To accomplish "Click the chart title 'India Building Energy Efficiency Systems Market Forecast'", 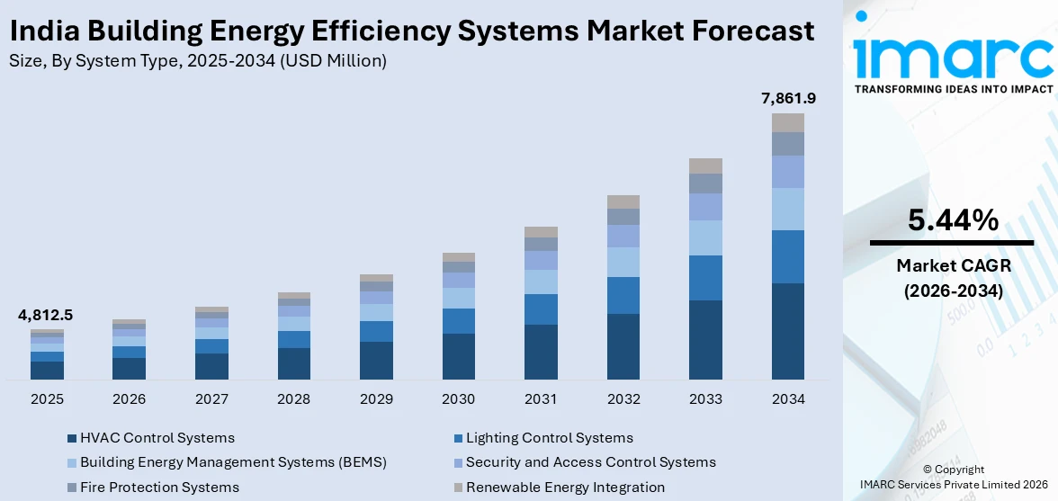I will pos(411,31).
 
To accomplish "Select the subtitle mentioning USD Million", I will pos(197,61).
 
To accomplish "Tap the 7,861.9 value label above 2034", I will pos(787,97).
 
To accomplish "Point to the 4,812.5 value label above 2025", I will pos(46,315).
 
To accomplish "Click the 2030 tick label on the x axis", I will pos(459,398).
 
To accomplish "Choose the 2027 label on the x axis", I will pos(211,398).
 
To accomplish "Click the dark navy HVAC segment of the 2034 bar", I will pos(787,331).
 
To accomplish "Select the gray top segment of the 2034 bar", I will pos(787,122).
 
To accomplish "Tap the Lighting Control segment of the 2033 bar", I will pos(705,278).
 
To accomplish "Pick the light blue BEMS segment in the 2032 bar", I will pos(623,262).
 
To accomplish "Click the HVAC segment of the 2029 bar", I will pos(376,360).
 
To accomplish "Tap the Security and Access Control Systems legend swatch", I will pos(458,462).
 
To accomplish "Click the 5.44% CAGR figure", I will pos(952,219).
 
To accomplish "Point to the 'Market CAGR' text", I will pos(952,265).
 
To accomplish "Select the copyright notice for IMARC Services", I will pos(953,477).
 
